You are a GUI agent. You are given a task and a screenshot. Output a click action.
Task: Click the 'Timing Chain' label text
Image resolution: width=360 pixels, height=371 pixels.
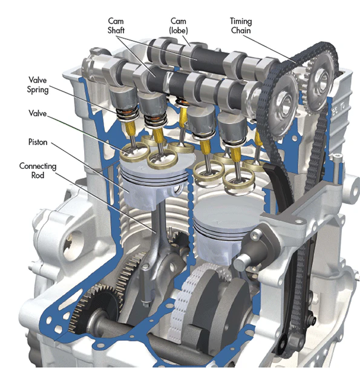click(x=241, y=26)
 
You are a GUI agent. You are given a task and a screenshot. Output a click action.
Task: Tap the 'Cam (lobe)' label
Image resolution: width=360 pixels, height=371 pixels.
click(x=178, y=26)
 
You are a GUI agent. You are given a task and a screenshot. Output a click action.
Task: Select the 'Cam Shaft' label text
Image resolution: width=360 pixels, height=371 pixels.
click(x=116, y=26)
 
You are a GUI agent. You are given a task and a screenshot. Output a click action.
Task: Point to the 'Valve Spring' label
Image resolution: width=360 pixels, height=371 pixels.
click(x=38, y=85)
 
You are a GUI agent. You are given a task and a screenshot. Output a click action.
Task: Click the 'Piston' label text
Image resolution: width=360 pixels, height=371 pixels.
click(x=38, y=142)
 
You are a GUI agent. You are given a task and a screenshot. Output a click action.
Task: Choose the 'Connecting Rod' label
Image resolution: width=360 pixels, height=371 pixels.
click(x=38, y=171)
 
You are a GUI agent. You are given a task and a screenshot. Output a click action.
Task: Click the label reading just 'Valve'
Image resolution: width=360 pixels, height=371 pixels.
click(x=38, y=113)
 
